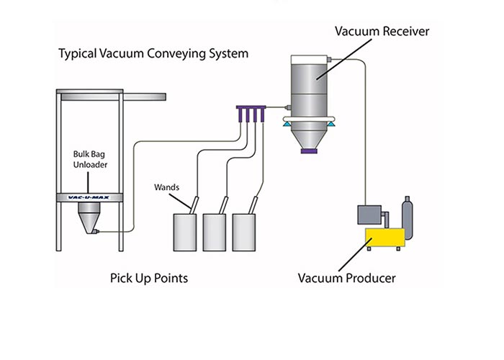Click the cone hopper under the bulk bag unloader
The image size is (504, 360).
point(89,217)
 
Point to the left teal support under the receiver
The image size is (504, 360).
point(287,125)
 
